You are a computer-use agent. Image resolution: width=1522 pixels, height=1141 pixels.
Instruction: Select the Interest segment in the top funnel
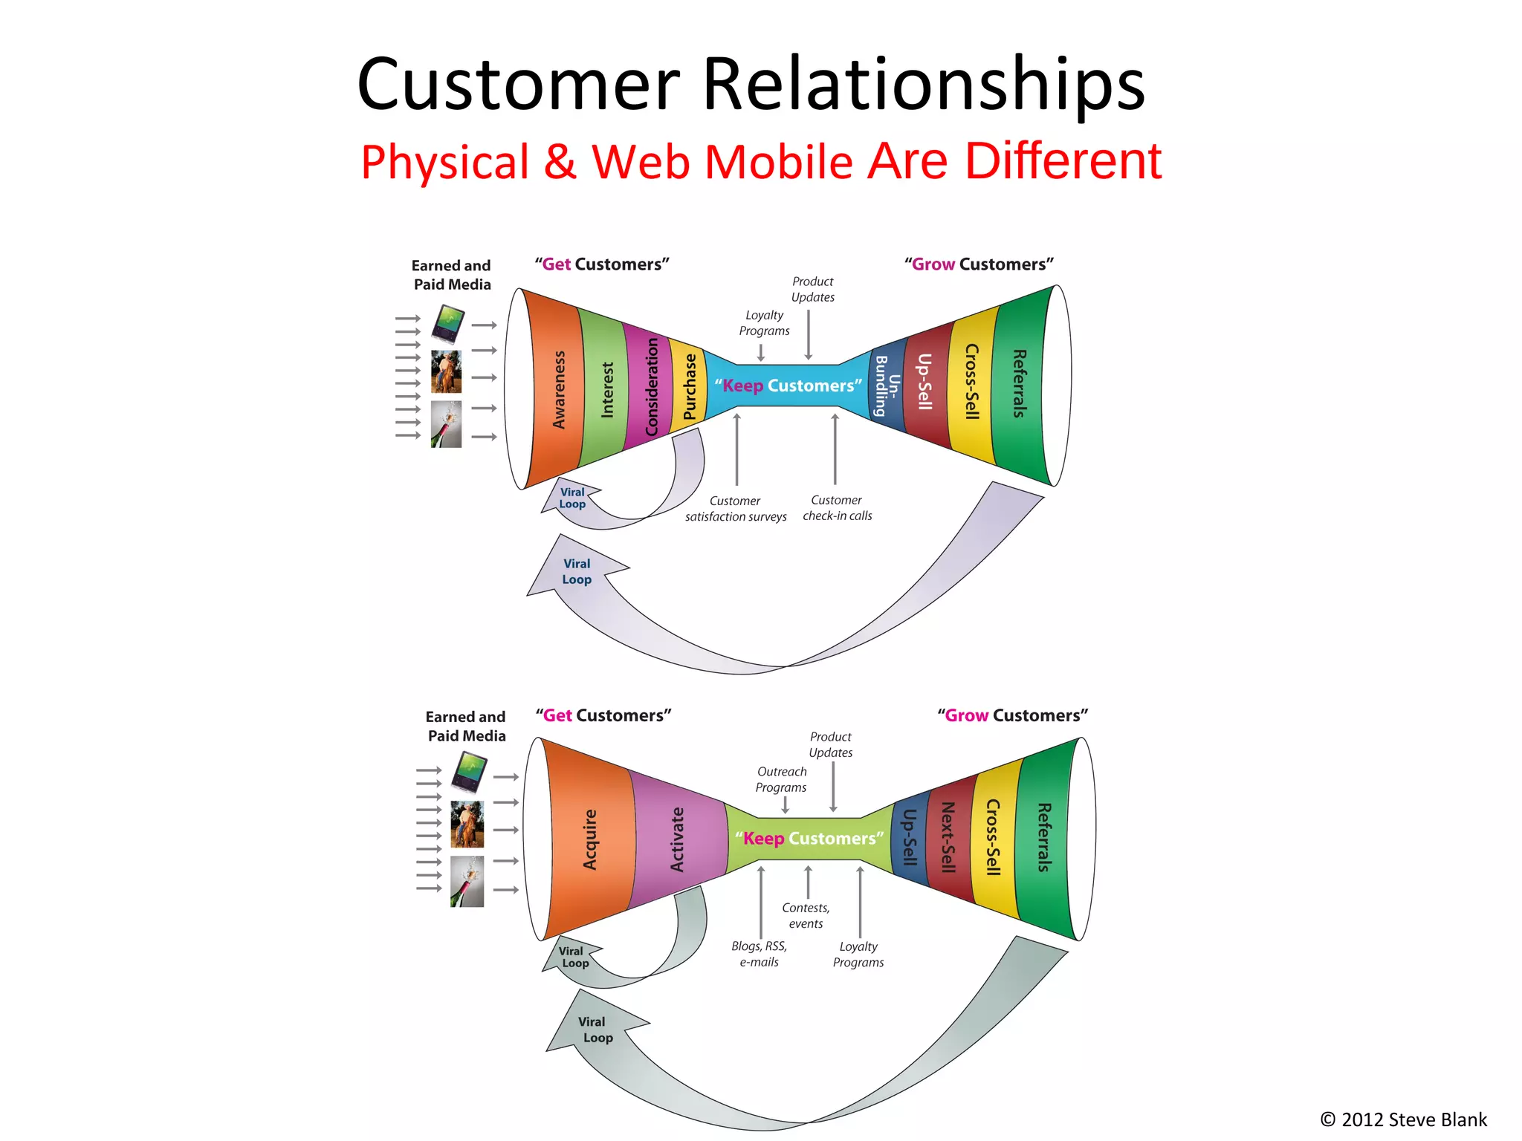[x=606, y=389]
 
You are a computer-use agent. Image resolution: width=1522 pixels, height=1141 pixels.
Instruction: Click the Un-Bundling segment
[x=887, y=386]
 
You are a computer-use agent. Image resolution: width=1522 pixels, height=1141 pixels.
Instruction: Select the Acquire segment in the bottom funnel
[x=590, y=839]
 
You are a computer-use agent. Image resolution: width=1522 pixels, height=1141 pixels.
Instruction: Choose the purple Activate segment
[x=676, y=839]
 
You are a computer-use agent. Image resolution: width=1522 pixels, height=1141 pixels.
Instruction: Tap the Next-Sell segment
[x=948, y=837]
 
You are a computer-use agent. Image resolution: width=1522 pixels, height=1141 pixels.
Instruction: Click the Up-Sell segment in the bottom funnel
[x=910, y=837]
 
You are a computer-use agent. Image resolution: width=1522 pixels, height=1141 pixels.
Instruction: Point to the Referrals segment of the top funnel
[x=1020, y=384]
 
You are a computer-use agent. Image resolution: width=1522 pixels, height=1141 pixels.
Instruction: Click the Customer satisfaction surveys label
[x=736, y=509]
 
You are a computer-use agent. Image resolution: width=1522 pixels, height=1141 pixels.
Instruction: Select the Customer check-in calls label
[x=837, y=508]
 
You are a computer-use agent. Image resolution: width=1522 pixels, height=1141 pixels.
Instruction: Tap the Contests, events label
[x=806, y=916]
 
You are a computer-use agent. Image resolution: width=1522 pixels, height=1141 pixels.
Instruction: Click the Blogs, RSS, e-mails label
[x=759, y=954]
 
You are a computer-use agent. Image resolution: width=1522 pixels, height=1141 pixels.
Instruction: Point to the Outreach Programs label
[x=781, y=779]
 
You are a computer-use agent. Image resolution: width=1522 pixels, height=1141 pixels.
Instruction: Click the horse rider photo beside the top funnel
[x=446, y=371]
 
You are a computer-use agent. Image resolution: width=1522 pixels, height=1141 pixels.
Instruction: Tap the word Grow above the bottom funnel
[x=966, y=715]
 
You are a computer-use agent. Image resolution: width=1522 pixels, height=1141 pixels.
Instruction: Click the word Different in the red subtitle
[x=1063, y=161]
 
